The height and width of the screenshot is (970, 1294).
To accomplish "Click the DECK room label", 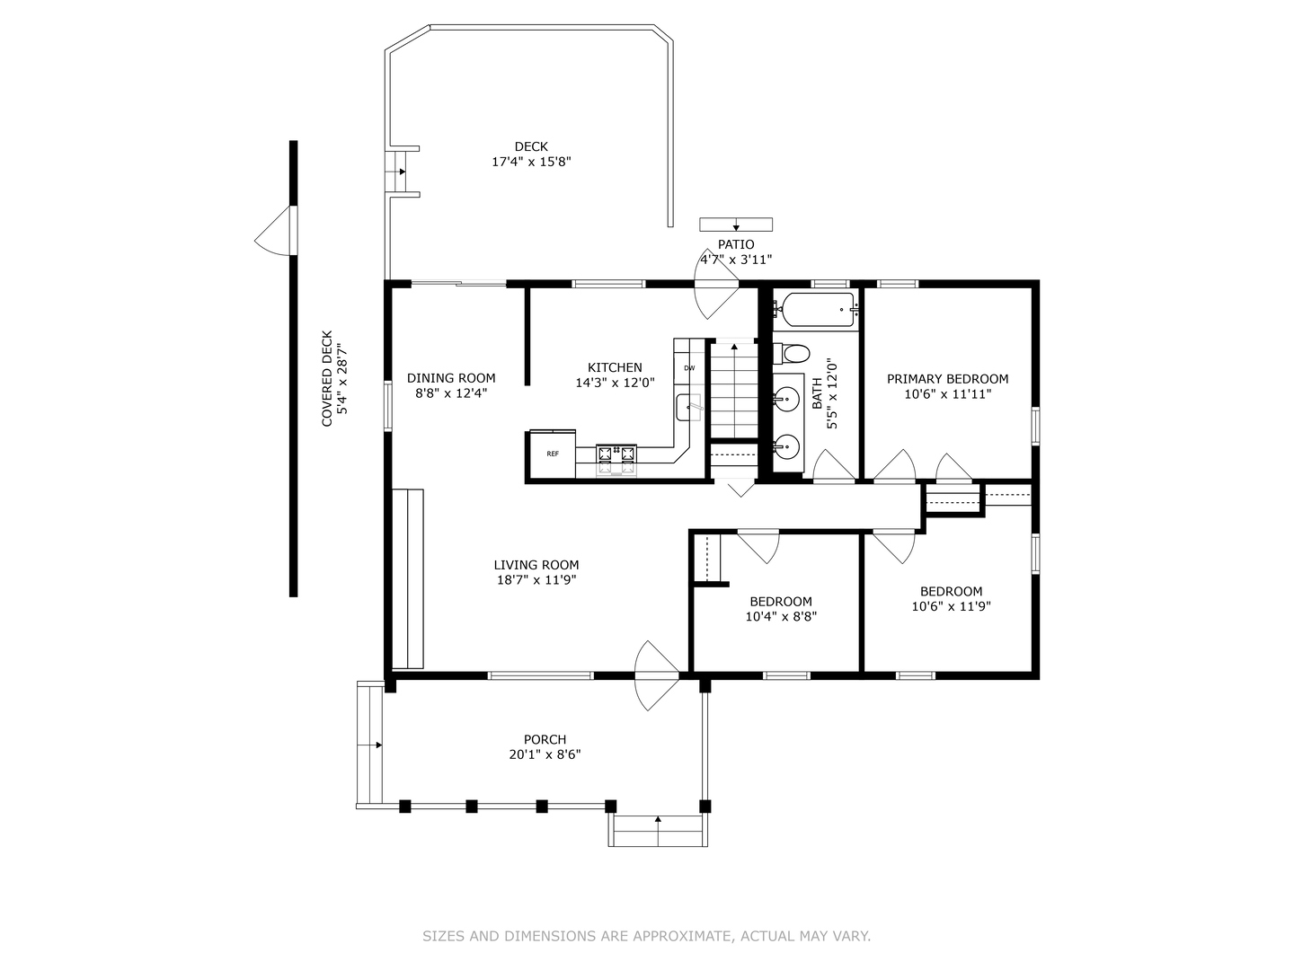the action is pos(531,146).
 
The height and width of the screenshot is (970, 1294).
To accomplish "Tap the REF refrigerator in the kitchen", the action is pos(553,454).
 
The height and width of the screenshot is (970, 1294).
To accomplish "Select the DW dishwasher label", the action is pos(689,368).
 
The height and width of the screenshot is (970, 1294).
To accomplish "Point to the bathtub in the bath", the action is pos(817,310).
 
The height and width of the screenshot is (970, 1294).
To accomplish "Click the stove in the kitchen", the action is pos(616,460).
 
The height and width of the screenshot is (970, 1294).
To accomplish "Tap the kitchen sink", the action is pos(688,407).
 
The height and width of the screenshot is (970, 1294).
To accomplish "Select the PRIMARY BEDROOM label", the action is pos(947,379).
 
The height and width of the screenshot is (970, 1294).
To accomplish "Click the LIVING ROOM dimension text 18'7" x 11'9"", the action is pos(536,580).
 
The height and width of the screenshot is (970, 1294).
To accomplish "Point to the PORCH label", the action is pos(545,739).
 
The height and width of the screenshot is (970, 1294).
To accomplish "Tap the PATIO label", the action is pos(736,244).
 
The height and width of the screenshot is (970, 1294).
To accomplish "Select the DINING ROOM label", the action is pos(451,378).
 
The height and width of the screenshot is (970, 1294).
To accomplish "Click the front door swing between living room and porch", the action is pos(656,675).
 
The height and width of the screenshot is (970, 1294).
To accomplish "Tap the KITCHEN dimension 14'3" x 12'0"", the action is pos(615,383).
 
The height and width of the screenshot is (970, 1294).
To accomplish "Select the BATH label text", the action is pos(817,393).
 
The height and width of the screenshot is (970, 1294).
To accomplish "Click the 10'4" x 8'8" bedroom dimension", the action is pos(781,617).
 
